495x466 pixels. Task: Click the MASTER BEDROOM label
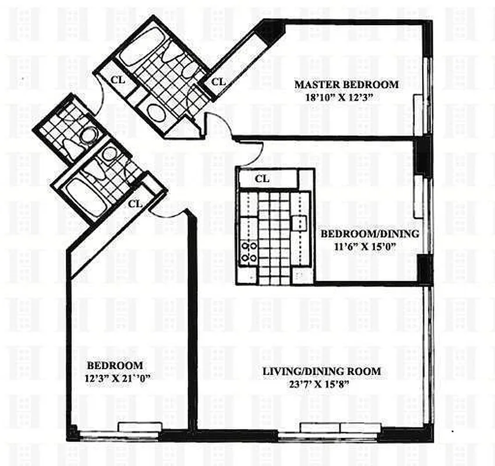pos(346,84)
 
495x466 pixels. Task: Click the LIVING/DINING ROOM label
pos(321,371)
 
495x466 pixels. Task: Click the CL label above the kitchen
pos(262,179)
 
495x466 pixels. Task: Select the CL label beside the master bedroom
pos(218,82)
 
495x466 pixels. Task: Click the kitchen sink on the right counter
pos(300,221)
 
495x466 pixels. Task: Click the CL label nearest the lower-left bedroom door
pos(135,203)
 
